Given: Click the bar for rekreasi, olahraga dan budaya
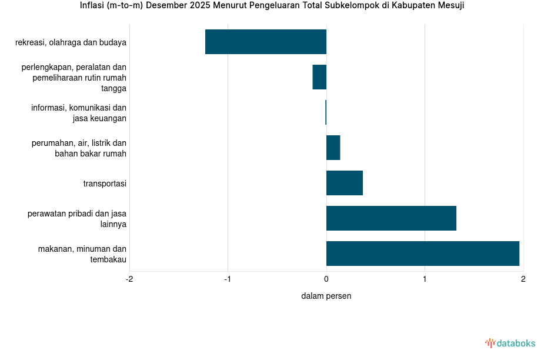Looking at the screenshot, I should (x=266, y=42).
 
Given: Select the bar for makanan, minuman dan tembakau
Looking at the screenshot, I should (x=422, y=254).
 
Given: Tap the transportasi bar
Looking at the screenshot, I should (x=345, y=183).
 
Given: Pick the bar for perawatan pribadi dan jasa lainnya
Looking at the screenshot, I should (x=391, y=218).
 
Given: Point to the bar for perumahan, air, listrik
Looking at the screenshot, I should (x=333, y=148).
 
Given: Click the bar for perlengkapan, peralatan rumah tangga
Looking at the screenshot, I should (x=319, y=77).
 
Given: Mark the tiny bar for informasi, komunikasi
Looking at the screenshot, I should (x=326, y=112).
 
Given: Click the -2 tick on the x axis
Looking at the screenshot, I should (x=129, y=279).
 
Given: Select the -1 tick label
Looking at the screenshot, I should (x=228, y=279).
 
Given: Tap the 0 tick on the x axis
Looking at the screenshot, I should (x=326, y=279).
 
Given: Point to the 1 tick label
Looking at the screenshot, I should (x=425, y=279).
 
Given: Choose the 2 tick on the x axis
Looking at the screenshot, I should (x=523, y=279).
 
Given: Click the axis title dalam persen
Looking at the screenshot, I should (x=326, y=296).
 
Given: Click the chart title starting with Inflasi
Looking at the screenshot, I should (x=272, y=6).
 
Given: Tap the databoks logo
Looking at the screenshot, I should (x=510, y=343).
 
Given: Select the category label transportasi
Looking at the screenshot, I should (x=105, y=184).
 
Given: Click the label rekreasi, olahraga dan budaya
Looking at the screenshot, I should (x=71, y=42).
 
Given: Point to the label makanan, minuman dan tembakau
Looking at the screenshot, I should (x=82, y=254).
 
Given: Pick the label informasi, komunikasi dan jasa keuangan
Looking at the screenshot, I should (x=79, y=113).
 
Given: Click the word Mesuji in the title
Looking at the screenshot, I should (x=450, y=6).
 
